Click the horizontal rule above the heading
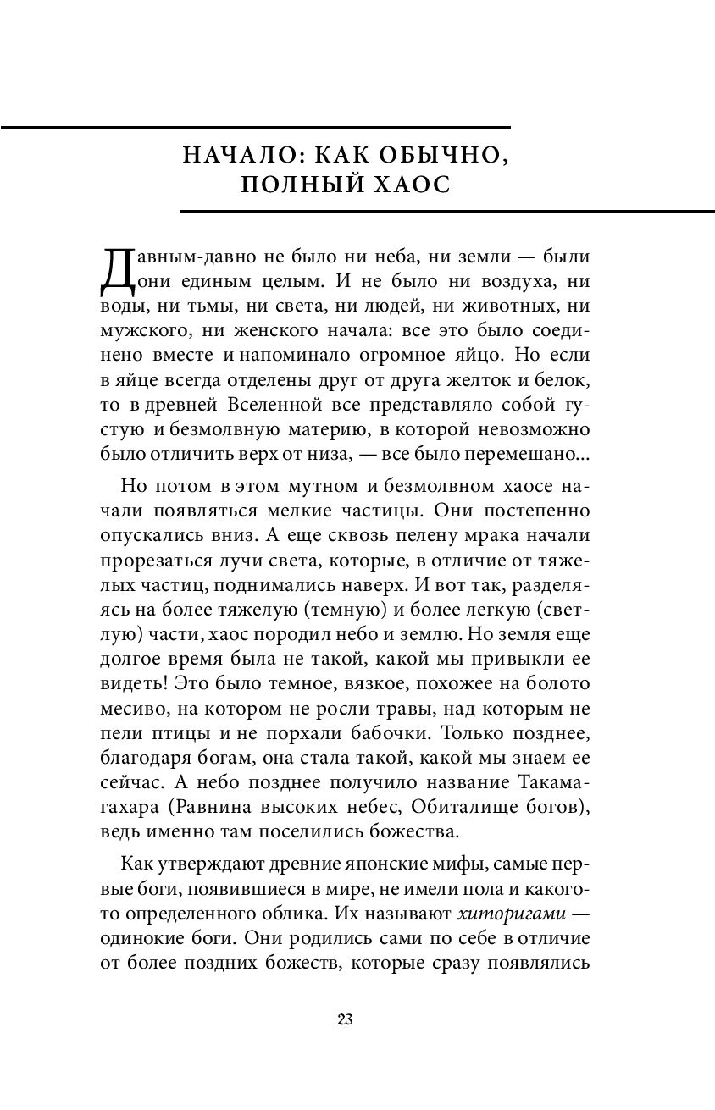pos(255,127)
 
